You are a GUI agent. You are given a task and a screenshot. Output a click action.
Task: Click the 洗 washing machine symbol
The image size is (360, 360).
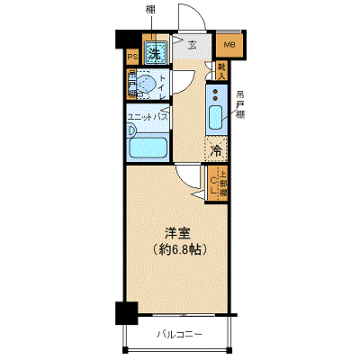tap(156, 51)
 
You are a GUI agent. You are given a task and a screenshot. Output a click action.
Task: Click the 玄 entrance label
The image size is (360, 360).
tap(192, 42)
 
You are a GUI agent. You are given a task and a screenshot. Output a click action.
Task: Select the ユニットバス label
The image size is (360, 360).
tap(149, 116)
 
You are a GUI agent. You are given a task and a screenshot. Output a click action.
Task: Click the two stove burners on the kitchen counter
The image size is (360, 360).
tap(216, 93)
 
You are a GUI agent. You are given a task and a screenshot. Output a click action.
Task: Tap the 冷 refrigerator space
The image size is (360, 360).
tap(217, 151)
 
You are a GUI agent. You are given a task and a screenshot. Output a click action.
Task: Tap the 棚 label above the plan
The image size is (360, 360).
tap(150, 10)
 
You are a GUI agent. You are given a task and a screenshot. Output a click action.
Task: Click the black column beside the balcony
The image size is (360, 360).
tap(126, 313)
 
